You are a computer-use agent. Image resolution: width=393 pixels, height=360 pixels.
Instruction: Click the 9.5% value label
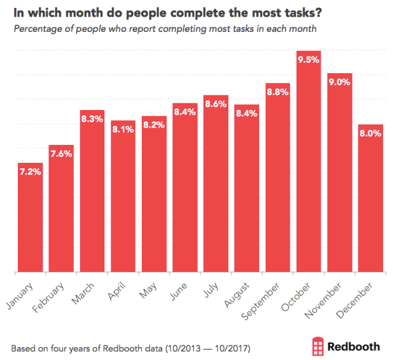pyautogui.click(x=308, y=60)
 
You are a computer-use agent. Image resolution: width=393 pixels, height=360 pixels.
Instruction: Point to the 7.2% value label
pyautogui.click(x=30, y=172)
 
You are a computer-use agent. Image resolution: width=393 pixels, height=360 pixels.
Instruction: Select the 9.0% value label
pyautogui.click(x=340, y=82)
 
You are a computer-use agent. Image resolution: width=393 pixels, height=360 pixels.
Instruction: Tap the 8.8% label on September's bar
pyautogui.click(x=278, y=92)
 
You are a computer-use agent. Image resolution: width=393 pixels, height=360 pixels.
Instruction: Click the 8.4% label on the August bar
pyautogui.click(x=247, y=114)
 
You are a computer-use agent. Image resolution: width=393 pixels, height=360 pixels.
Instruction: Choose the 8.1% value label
pyautogui.click(x=123, y=130)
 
